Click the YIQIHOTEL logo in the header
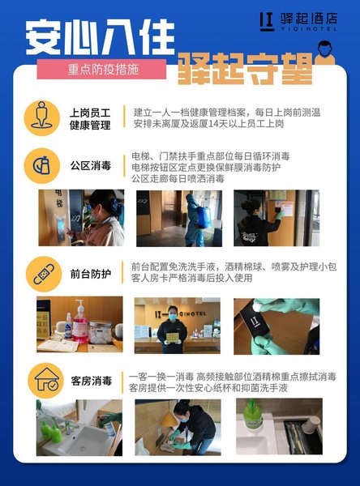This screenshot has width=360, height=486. pyautogui.click(x=298, y=22)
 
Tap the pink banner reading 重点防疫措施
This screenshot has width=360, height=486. pyautogui.click(x=101, y=69)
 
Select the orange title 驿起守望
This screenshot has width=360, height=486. pyautogui.click(x=245, y=69)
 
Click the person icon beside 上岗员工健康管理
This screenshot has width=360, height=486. pyautogui.click(x=42, y=117)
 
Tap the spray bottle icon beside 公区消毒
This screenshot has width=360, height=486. pyautogui.click(x=42, y=166)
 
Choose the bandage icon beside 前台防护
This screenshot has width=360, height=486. pyautogui.click(x=44, y=274)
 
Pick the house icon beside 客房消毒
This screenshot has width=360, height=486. pyautogui.click(x=45, y=381)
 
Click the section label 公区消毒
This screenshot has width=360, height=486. pyautogui.click(x=91, y=165)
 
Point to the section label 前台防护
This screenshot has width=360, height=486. pyautogui.click(x=91, y=274)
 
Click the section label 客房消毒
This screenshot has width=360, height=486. pyautogui.click(x=92, y=381)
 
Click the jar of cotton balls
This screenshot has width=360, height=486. pyautogui.click(x=101, y=332)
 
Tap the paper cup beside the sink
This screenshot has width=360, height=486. pyautogui.click(x=310, y=424)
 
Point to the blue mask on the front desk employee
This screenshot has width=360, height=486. pyautogui.click(x=173, y=317)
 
